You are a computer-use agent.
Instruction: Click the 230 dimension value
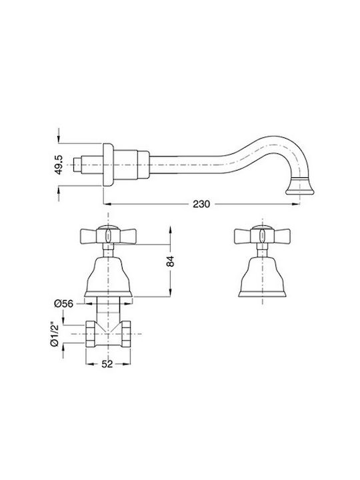[x=201, y=204]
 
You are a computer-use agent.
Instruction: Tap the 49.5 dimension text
[x=59, y=165]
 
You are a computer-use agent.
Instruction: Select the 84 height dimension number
[x=171, y=261]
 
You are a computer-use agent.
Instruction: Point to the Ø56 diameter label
[x=64, y=304]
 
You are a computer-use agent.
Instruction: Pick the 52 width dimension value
[x=107, y=364]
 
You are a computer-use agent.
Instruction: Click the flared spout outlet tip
[x=300, y=187]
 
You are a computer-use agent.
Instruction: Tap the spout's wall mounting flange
[x=107, y=165]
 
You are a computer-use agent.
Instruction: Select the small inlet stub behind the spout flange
[x=79, y=165]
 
